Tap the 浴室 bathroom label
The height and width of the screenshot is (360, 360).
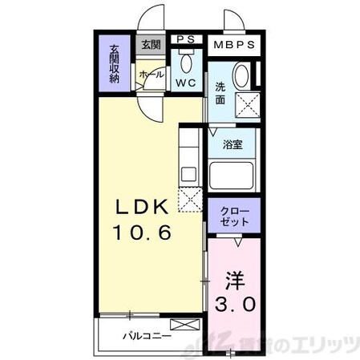point(233,147)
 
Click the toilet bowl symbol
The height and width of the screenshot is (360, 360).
point(187,63)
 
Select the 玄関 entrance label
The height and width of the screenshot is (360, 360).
point(151,45)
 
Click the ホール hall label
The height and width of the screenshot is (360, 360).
point(152,74)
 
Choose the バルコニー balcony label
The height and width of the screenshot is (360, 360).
point(148,334)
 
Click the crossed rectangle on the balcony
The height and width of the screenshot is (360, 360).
point(183,326)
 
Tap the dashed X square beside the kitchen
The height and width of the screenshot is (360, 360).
point(190,197)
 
